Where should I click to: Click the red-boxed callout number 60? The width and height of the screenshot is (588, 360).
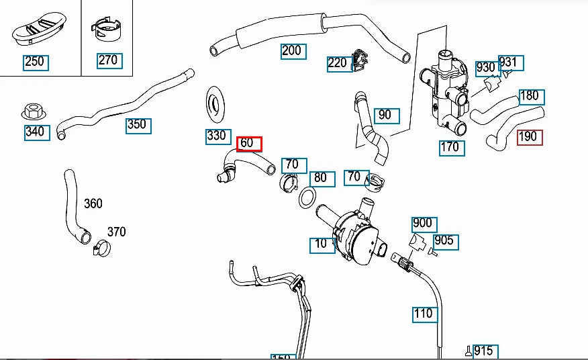pos(249,143)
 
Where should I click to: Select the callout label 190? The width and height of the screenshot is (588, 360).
pos(529,137)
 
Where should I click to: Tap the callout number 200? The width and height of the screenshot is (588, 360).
pos(292,50)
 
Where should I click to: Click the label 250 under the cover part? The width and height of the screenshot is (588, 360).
pos(34,62)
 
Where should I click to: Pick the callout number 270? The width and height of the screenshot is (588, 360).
pos(108,60)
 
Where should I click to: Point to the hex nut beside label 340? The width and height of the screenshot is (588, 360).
pos(33,111)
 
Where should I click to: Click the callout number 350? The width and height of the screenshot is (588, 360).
pos(137,125)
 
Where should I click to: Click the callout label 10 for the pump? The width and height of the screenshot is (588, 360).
pos(322,243)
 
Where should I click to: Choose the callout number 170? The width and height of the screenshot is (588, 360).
pos(450,147)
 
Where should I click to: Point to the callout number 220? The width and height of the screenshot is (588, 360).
pos(337,63)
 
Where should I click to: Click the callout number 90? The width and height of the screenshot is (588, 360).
pos(385,115)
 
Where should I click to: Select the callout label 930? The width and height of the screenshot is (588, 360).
pos(485,68)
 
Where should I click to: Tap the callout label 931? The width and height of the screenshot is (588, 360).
pos(509,63)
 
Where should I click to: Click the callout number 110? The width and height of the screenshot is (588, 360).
pos(424,313)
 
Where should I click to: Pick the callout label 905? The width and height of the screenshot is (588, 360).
pos(444,240)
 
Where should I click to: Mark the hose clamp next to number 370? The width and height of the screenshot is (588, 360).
pos(101,248)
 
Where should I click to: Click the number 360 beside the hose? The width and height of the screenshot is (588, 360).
pos(93,204)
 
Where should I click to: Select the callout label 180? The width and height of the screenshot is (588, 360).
pos(530,96)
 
